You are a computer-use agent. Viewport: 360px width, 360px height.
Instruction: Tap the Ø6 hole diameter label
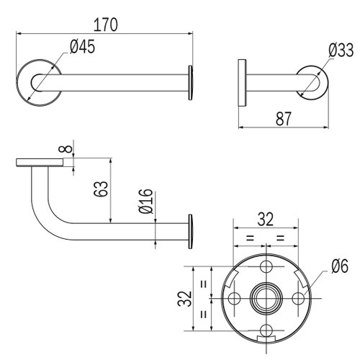[338, 267]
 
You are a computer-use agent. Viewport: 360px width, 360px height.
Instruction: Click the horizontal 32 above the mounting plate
[266, 220]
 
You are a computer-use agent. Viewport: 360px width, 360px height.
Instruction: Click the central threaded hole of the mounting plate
[266, 297]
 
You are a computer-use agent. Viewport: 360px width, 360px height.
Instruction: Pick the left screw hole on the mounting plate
[235, 297]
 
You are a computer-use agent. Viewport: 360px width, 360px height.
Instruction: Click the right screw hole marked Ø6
[298, 297]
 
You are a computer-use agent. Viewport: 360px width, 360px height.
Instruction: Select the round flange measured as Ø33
[312, 80]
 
